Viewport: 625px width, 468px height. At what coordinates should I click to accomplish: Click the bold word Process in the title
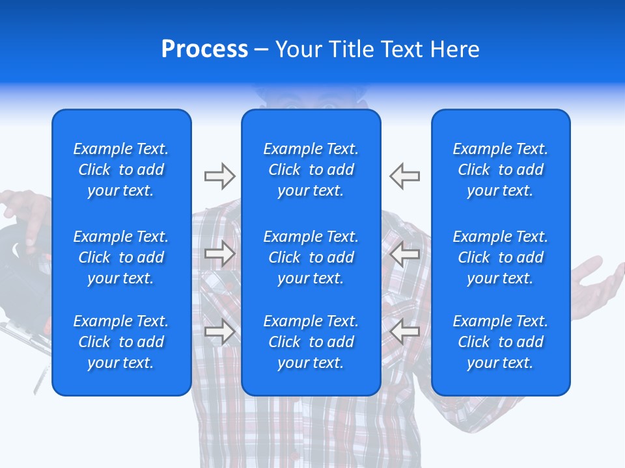pos(204,49)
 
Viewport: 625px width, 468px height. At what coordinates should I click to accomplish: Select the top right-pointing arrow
pos(219,176)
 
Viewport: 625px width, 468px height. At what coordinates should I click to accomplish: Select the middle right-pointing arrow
pos(219,254)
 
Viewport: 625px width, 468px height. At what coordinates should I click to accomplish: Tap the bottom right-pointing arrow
pos(219,331)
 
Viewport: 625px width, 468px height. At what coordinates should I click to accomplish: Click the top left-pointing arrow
pos(405,176)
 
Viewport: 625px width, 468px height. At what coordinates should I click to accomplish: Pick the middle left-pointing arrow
pos(405,254)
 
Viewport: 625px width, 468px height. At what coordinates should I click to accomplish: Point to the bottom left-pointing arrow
pos(405,331)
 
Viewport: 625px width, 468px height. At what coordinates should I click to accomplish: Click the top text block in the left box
pos(121,170)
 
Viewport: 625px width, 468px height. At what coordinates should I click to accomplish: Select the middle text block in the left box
pos(121,257)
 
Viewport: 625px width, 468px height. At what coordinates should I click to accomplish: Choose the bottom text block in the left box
pos(121,342)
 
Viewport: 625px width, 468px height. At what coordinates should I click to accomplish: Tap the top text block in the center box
pos(311,170)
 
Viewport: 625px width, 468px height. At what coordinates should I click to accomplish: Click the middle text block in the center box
pos(311,257)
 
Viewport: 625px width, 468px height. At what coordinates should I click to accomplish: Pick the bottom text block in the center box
pos(311,342)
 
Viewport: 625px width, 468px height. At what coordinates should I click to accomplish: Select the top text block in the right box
pos(501,170)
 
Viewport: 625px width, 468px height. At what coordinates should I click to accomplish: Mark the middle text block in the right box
pos(501,257)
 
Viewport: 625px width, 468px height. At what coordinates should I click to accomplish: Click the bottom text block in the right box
pos(501,342)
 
